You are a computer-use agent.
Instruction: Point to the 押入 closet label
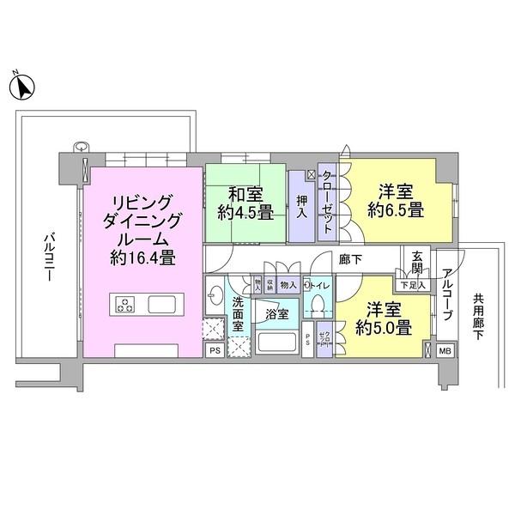[301, 207]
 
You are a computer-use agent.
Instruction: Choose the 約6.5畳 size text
[391, 209]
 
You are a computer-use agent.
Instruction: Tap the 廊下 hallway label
[348, 257]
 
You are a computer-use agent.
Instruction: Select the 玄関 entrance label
[417, 258]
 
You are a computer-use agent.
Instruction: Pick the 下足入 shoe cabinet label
[409, 284]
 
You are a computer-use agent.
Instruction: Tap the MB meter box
[445, 350]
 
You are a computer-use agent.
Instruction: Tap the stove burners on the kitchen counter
[126, 304]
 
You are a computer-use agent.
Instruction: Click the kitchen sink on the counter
[161, 305]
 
